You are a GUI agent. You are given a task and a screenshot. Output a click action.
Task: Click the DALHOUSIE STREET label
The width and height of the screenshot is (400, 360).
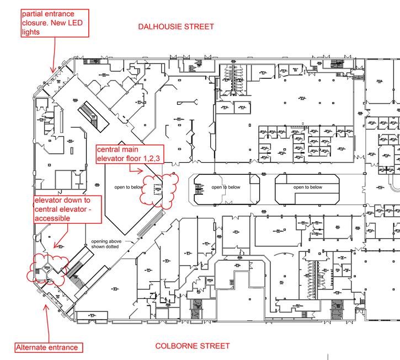pyautogui.click(x=176, y=26)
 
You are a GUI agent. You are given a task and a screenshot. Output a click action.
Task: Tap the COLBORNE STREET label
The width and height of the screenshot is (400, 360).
pyautogui.click(x=192, y=346)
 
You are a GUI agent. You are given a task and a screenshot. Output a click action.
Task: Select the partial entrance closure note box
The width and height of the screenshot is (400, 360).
pyautogui.click(x=54, y=23)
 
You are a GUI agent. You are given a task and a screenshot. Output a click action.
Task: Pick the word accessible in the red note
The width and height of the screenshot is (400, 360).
pyautogui.click(x=52, y=218)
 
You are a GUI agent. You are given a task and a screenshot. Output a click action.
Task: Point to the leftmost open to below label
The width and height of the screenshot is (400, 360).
pyautogui.click(x=128, y=187)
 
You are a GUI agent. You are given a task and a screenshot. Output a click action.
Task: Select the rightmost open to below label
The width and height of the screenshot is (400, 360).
pyautogui.click(x=307, y=187)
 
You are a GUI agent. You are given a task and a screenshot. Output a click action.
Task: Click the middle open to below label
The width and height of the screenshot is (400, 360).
pyautogui.click(x=225, y=187)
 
